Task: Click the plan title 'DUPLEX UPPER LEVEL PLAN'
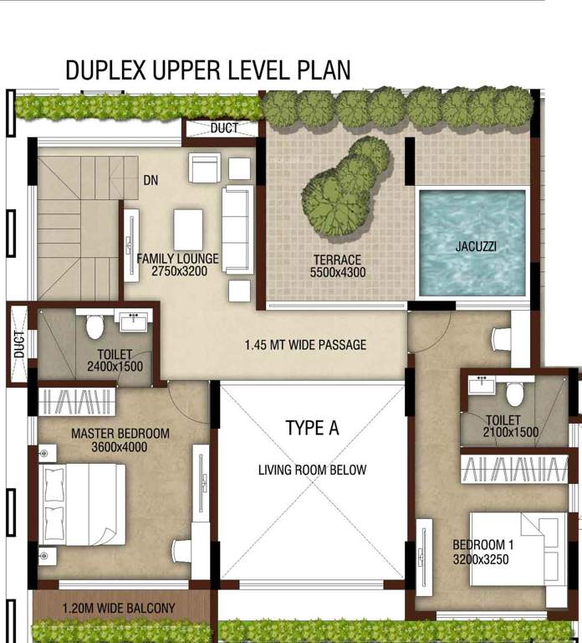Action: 207,69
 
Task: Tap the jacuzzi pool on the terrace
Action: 472,242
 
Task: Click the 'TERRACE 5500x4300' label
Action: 337,266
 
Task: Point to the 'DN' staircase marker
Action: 151,180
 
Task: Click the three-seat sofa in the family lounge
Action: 237,229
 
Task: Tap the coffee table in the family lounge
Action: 188,229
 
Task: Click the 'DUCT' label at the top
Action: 223,129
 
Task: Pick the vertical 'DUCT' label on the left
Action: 18,344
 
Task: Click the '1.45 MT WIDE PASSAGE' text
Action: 305,344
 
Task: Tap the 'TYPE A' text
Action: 312,428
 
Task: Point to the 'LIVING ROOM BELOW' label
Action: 312,470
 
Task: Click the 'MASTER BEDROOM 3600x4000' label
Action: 120,440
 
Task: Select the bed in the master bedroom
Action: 82,504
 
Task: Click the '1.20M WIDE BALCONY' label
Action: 118,608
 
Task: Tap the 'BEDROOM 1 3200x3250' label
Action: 483,551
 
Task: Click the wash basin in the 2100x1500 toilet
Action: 481,385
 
